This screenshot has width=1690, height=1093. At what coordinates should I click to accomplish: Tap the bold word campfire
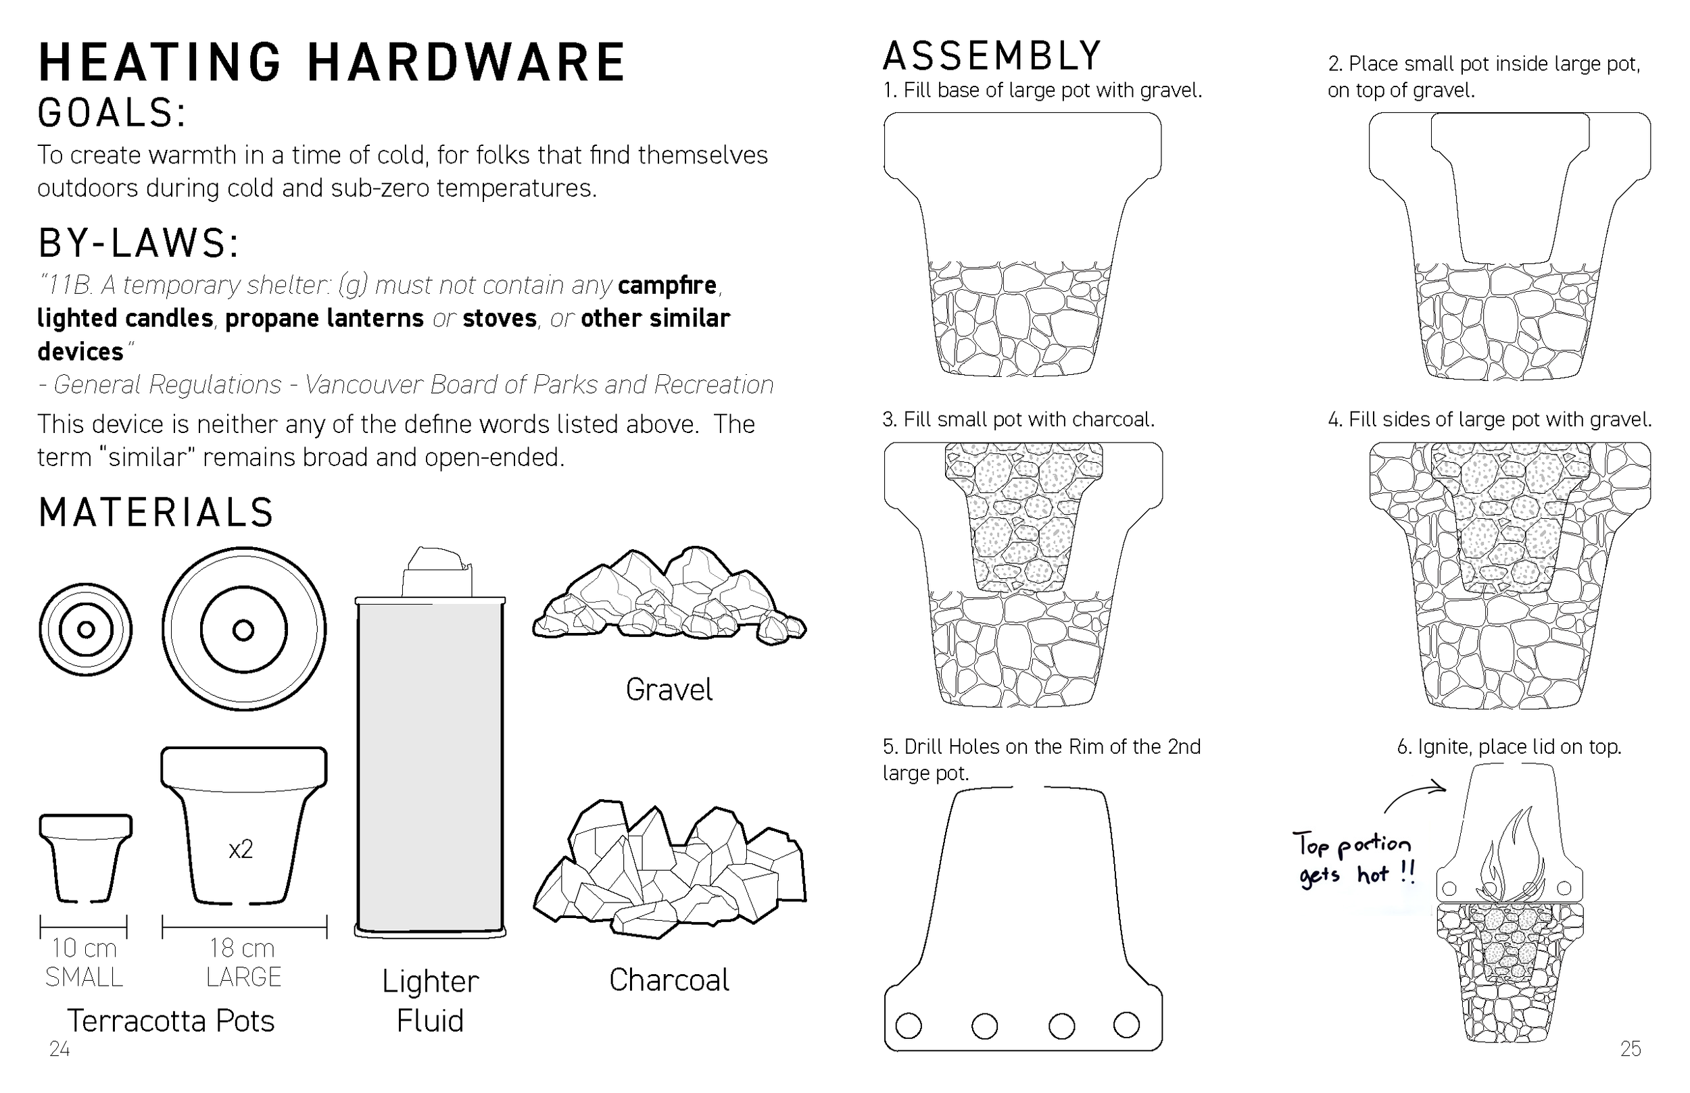667,285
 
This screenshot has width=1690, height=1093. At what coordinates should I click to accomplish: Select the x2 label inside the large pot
241,850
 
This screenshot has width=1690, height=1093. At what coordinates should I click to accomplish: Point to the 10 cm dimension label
84,948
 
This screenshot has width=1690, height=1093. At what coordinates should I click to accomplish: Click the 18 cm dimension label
241,948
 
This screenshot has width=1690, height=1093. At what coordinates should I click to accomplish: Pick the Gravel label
669,690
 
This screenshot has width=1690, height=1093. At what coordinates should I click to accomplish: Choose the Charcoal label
669,980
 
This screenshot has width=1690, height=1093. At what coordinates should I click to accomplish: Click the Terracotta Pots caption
170,1021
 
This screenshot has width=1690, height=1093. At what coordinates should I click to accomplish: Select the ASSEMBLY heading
992,57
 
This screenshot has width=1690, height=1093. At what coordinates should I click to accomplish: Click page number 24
59,1049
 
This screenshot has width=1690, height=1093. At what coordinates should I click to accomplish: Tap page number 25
1631,1049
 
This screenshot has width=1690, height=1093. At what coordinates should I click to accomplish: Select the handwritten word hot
1372,874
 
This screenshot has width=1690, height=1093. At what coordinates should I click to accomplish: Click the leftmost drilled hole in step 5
909,1025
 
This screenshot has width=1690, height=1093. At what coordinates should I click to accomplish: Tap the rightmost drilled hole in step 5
1126,1025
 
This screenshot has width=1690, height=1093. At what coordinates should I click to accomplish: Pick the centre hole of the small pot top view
86,630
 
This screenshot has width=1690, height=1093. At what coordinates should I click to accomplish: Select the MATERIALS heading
156,513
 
